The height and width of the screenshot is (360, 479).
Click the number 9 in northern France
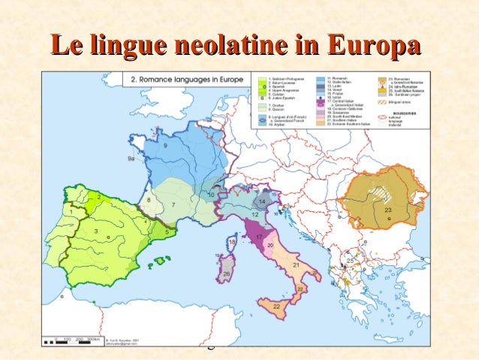coord(165,144)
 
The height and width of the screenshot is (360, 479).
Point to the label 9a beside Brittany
coord(132,159)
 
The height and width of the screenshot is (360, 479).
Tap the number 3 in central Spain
coord(96,232)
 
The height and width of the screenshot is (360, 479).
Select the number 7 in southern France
coord(174,204)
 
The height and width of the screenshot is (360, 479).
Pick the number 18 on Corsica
coord(233,243)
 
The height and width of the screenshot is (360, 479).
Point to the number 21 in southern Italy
coord(295,265)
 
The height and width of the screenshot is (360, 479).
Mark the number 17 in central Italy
coord(260,238)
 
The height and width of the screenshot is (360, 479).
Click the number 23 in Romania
coord(387,210)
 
